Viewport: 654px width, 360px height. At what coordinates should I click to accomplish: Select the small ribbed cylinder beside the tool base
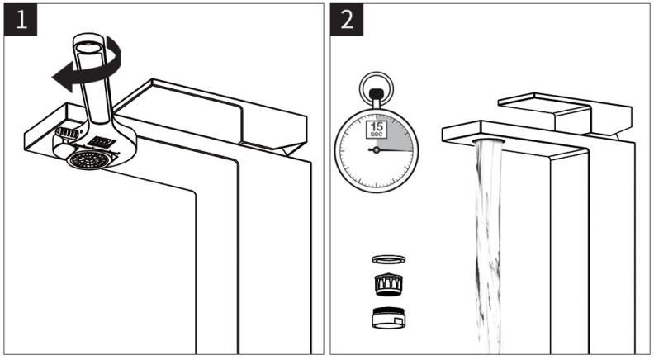coord(65,131)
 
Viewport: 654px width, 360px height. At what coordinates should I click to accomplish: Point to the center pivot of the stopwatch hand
coord(376,150)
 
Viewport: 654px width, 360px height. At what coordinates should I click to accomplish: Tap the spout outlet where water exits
coord(486,142)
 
